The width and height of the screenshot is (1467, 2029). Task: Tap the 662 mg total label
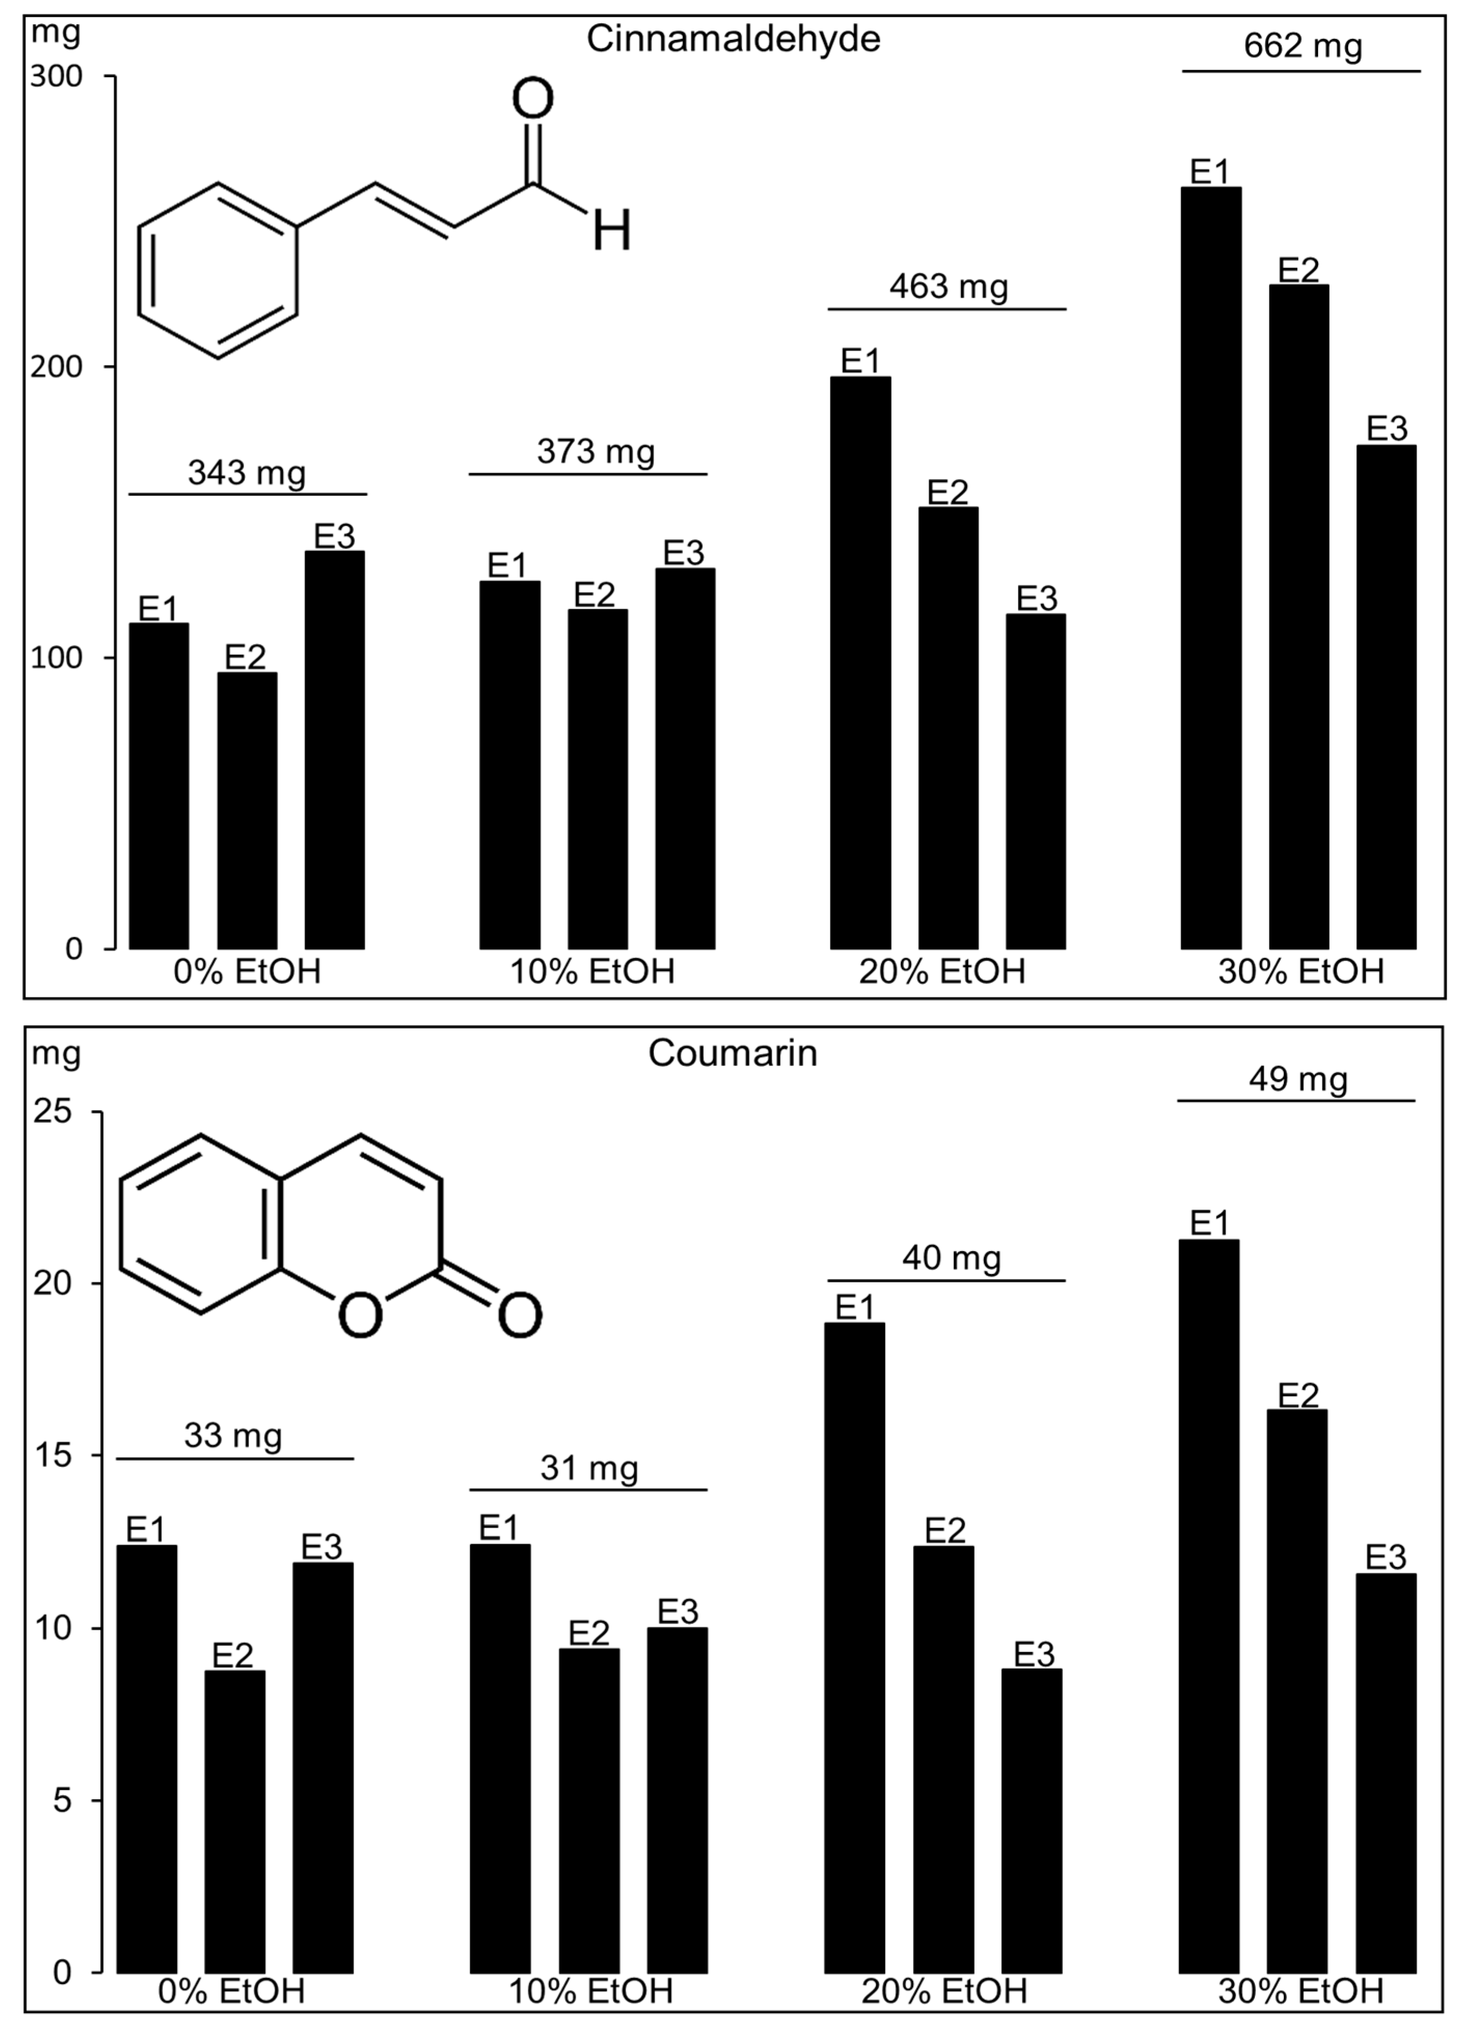[1303, 46]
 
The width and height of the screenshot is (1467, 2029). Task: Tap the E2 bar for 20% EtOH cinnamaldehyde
[948, 727]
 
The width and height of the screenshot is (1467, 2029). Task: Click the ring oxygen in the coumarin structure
[361, 1315]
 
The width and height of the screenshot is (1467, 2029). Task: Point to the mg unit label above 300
[56, 33]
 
